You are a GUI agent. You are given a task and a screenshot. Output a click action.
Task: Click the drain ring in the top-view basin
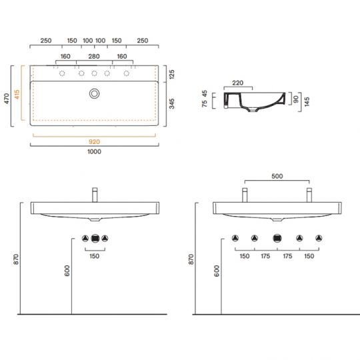[95, 90]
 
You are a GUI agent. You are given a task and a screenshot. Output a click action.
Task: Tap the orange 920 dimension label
[94, 142]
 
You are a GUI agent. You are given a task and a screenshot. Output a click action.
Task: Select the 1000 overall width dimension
[94, 152]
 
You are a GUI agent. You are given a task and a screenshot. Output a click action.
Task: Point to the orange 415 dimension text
[17, 95]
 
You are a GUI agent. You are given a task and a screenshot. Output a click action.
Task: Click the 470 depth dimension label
[7, 98]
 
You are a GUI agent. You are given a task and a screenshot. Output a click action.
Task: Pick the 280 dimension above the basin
[94, 57]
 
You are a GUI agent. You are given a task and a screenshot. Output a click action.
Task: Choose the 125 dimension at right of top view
[171, 74]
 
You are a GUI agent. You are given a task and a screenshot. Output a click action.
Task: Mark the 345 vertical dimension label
[171, 103]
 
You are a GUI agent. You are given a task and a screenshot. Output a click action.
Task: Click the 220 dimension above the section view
[237, 83]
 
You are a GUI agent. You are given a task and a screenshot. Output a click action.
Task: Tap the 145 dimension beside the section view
[307, 101]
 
